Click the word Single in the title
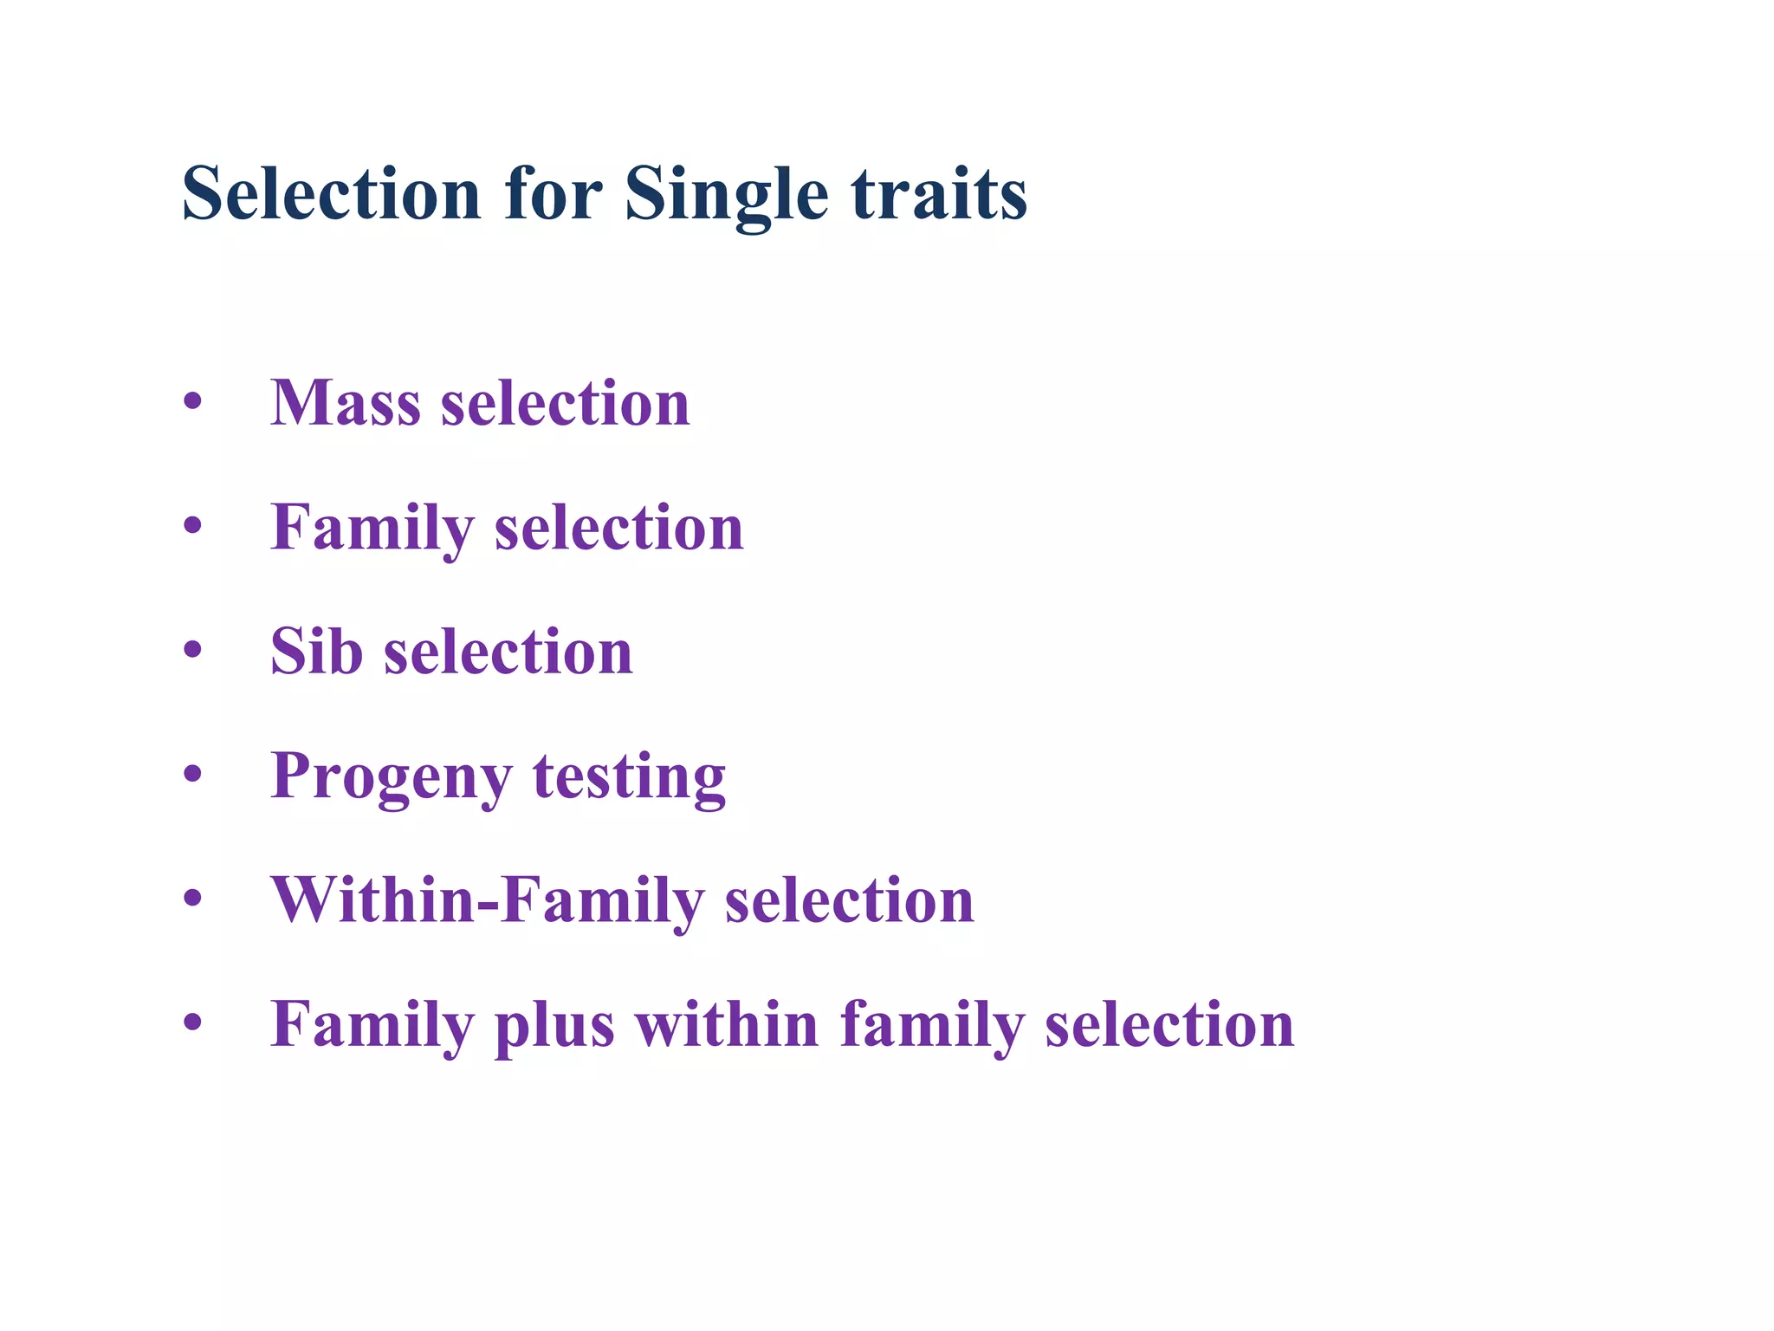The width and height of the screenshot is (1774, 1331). tap(726, 195)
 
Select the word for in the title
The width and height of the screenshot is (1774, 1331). tap(553, 195)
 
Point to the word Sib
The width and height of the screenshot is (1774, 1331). tap(316, 652)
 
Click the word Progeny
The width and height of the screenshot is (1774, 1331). tap(391, 777)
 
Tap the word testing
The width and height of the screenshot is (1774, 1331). tap(629, 777)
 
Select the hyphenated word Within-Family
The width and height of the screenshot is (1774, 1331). tap(487, 900)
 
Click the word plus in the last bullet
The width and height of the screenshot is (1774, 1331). tap(554, 1026)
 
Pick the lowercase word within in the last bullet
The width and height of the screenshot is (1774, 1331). tap(727, 1024)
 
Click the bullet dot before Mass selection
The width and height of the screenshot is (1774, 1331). tap(192, 402)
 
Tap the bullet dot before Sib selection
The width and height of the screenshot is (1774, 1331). tap(192, 650)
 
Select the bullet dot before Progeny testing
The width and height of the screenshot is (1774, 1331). tap(192, 774)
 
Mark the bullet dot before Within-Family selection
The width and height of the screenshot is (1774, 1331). tap(192, 899)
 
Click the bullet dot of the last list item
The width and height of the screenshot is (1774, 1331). tap(192, 1023)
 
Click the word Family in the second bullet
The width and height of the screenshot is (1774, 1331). tap(372, 529)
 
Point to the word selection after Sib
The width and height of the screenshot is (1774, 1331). tap(508, 652)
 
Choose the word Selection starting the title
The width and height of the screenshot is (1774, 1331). tap(331, 195)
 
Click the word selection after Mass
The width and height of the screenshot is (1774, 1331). tap(565, 404)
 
